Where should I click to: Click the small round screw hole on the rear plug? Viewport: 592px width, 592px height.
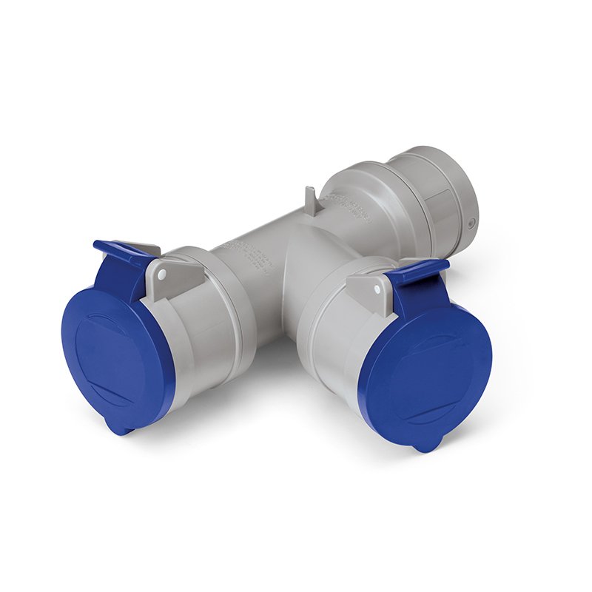coord(472,223)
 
